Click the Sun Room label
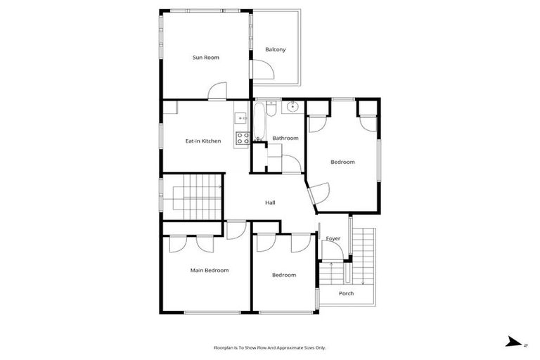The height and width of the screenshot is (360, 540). (206, 58)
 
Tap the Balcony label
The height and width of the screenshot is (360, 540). (275, 49)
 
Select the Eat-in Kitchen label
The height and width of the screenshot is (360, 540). (203, 141)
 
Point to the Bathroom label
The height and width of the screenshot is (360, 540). (285, 138)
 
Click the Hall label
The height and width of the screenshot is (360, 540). (270, 203)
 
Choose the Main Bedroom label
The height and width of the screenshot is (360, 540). (210, 270)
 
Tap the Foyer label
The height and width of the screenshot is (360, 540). (333, 238)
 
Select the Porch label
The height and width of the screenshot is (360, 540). (346, 293)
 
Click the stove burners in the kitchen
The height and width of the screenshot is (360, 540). (242, 139)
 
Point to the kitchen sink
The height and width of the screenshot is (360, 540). (240, 117)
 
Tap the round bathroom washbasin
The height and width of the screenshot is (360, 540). (292, 107)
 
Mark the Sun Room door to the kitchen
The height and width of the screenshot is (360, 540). (217, 91)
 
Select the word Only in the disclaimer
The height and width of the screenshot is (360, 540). (320, 347)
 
